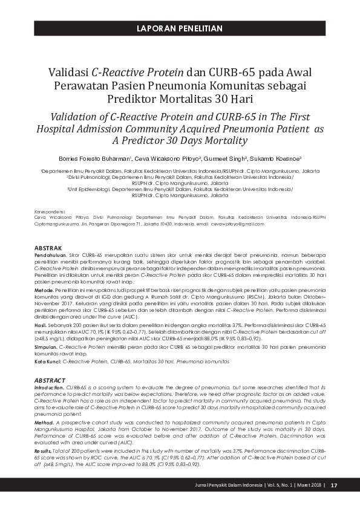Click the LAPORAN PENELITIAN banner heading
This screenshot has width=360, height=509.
coord(180,28)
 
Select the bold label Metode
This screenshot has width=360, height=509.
coord(45,291)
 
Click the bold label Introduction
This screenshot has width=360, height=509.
coord(49,386)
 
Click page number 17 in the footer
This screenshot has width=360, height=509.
coord(333,485)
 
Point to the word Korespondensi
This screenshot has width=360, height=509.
coord(51,212)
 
